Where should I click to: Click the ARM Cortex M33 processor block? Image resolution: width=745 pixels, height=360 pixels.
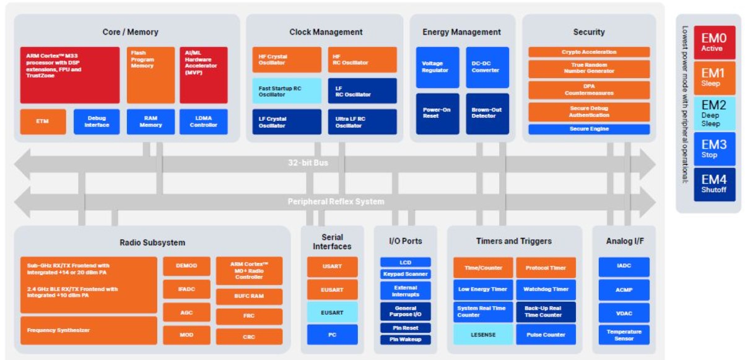click(x=70, y=75)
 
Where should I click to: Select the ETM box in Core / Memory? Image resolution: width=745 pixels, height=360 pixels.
click(x=43, y=121)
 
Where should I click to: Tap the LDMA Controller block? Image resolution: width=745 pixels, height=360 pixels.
click(x=203, y=121)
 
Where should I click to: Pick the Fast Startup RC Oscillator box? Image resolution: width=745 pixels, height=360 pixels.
click(x=287, y=91)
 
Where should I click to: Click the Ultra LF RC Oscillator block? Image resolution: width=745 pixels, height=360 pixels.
click(x=362, y=122)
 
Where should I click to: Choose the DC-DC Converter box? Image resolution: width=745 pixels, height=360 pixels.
click(x=487, y=67)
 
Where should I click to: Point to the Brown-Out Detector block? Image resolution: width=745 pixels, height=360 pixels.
click(x=487, y=113)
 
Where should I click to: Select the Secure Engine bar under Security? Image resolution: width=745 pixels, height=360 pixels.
click(x=589, y=129)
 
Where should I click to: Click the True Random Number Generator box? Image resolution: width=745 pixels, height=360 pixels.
click(x=589, y=68)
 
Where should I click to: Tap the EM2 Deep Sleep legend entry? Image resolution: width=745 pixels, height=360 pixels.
click(x=714, y=113)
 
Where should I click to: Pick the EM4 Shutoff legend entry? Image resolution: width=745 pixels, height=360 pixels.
click(x=714, y=184)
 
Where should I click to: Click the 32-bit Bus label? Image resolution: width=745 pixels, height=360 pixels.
click(x=308, y=163)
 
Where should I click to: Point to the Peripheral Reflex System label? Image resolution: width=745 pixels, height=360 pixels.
click(x=336, y=201)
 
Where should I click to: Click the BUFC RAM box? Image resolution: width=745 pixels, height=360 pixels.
click(x=249, y=296)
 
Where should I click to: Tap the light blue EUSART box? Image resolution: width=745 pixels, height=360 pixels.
click(x=333, y=312)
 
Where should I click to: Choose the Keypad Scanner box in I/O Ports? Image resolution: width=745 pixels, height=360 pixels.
click(x=405, y=274)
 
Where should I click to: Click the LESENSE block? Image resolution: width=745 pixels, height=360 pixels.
click(x=483, y=335)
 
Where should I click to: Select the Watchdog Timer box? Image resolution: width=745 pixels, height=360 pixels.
click(x=546, y=289)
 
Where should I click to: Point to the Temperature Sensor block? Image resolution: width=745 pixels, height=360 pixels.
click(x=624, y=335)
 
